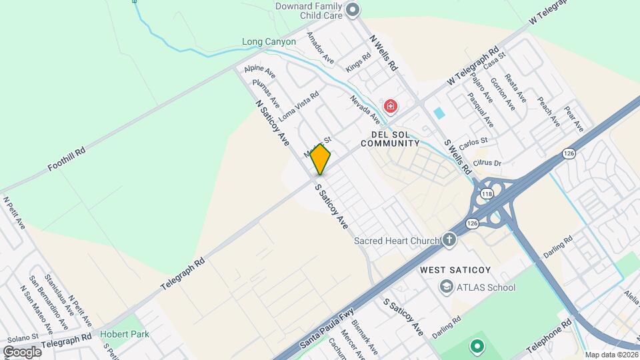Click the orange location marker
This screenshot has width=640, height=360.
click(321, 160)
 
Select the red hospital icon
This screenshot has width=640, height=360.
click(390, 106)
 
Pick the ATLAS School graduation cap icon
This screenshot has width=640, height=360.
click(445, 287)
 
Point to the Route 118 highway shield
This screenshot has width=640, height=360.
click(487, 194)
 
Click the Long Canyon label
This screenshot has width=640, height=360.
click(269, 41)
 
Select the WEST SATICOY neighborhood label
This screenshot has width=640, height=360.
click(455, 270)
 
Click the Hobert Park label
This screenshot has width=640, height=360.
click(125, 333)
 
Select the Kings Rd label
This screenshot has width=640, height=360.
click(358, 64)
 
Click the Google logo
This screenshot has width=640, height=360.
click(22, 351)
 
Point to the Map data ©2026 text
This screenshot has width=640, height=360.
click(611, 355)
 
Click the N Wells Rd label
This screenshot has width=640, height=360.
click(384, 53)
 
